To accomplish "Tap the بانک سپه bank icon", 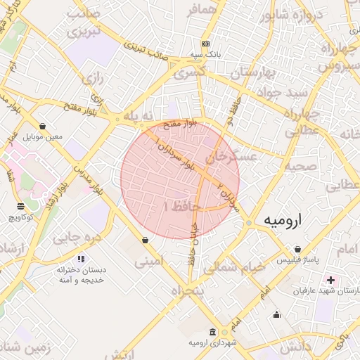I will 205,44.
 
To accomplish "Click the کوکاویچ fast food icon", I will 20,206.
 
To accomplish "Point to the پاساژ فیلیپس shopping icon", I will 298,250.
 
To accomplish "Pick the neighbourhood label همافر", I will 202,11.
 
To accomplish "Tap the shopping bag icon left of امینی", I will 145,240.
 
